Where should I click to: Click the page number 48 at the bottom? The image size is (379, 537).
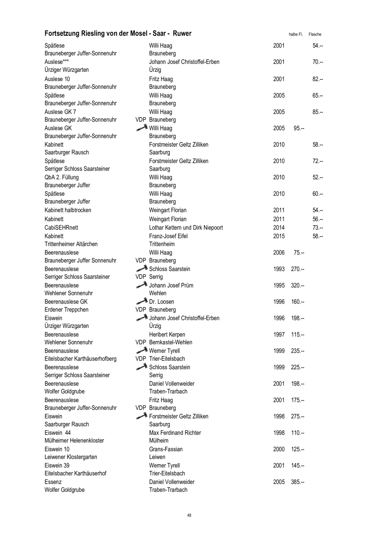click(x=189, y=515)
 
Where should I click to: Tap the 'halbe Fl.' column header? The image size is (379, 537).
click(x=296, y=34)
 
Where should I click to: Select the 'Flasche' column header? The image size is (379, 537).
click(x=315, y=34)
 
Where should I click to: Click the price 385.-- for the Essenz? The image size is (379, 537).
click(x=298, y=482)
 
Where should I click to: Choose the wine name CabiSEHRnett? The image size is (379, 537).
click(x=61, y=227)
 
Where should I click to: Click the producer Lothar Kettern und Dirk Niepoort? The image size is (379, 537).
click(x=186, y=227)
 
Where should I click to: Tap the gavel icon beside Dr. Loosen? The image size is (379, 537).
click(x=142, y=301)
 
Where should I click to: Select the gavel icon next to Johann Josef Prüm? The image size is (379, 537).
click(x=142, y=285)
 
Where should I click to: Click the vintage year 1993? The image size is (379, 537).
click(x=279, y=269)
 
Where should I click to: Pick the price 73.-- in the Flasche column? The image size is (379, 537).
click(x=318, y=227)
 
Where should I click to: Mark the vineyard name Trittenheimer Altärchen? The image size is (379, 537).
click(x=71, y=244)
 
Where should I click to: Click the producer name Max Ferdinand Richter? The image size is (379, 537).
click(x=175, y=433)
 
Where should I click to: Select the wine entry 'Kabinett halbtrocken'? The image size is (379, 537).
click(x=68, y=210)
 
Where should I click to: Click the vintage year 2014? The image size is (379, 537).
click(x=279, y=227)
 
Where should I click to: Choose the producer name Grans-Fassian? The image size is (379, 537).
click(x=166, y=449)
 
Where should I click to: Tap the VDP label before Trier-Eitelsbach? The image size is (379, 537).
click(x=141, y=359)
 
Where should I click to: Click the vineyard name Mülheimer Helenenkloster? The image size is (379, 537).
click(x=74, y=440)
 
